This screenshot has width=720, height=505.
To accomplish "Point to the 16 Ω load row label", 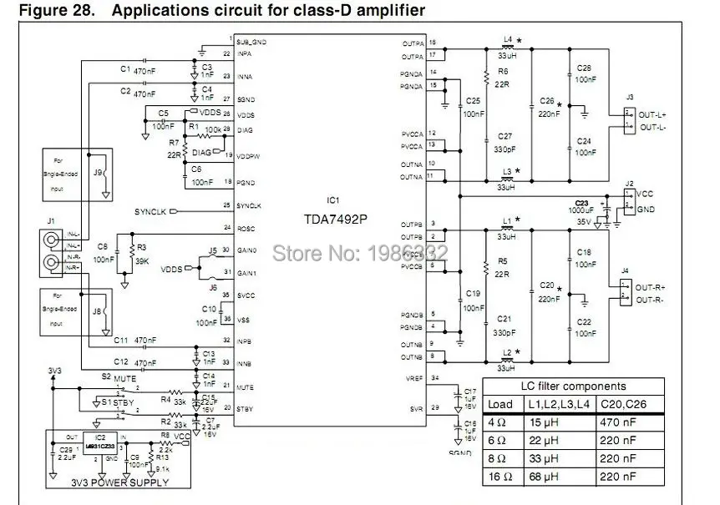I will pos(499,477).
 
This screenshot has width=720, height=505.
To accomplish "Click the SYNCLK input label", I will pos(150,211).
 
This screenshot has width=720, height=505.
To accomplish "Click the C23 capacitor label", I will pos(581,202).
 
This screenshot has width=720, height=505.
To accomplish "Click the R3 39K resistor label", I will pos(142,254).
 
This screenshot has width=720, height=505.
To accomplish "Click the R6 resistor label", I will pos(503,71).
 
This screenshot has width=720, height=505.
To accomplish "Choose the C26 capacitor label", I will pos(547,100).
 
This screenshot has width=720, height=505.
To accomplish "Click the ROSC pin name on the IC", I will pos(245,227).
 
